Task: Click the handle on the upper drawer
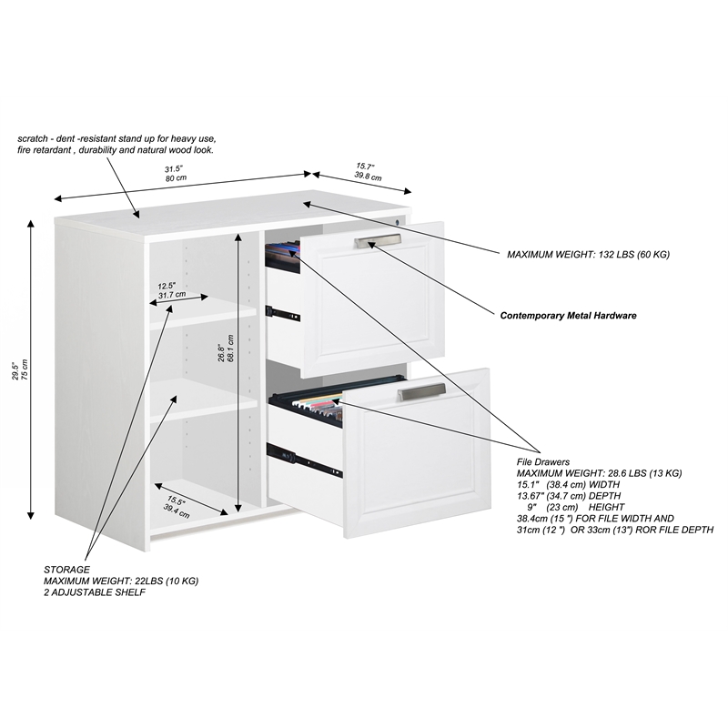coord(378,240)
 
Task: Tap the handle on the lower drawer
coord(421,391)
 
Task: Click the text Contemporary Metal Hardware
coord(568,316)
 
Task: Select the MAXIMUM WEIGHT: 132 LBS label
coord(588,255)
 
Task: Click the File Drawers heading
coord(543,462)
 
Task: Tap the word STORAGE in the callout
coord(67,569)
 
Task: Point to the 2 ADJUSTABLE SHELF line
coord(95,592)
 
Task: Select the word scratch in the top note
coord(33,139)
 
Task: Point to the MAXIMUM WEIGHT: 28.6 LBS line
coord(599,473)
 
